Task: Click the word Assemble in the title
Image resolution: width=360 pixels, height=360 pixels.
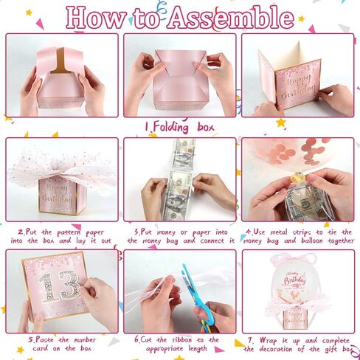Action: [x=230, y=18]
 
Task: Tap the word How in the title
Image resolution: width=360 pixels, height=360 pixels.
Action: [x=95, y=18]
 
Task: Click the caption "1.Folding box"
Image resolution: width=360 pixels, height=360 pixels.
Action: [x=179, y=128]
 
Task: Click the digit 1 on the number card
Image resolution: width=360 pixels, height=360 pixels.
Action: [x=48, y=287]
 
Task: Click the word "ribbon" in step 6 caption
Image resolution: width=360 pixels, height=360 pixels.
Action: [x=182, y=340]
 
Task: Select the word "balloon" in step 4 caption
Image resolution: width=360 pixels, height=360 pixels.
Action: [x=311, y=240]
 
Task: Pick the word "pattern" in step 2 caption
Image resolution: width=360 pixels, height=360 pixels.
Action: [x=69, y=232]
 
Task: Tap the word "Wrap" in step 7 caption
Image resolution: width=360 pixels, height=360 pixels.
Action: [x=269, y=341]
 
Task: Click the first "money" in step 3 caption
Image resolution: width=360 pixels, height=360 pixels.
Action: [x=166, y=232]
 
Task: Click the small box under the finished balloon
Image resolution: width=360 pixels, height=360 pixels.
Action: [x=295, y=320]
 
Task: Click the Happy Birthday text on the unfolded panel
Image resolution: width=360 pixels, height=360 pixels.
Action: [x=297, y=86]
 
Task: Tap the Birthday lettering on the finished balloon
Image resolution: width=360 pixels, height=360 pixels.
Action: [x=295, y=281]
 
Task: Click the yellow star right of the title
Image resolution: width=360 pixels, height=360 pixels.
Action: [x=301, y=18]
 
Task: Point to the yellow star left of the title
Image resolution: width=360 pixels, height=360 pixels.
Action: [x=29, y=13]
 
